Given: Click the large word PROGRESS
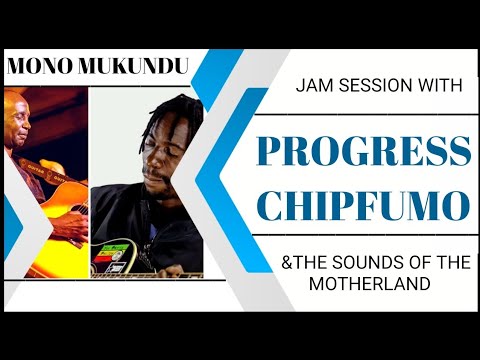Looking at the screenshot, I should (x=363, y=150).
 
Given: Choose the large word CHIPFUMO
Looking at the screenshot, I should (x=363, y=206).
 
